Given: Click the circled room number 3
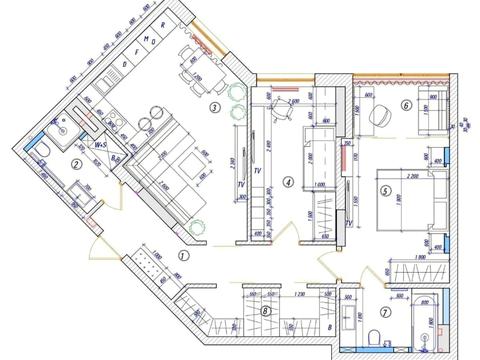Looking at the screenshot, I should tap(214, 107).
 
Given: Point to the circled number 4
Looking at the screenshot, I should tap(288, 183).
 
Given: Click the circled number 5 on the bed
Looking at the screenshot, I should tap(383, 187).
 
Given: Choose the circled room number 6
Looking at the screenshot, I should tap(407, 103).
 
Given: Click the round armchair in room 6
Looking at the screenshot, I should tap(381, 116).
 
